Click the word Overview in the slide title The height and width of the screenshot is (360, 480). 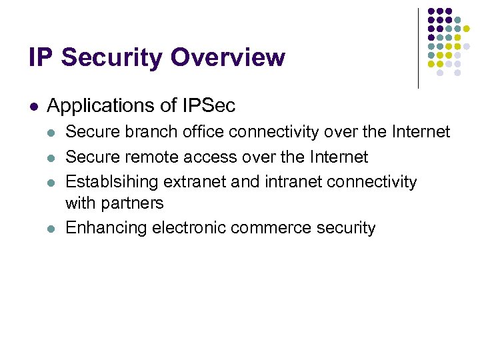click(x=227, y=58)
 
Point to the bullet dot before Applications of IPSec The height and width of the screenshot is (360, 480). click(x=33, y=106)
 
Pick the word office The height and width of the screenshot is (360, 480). click(x=201, y=133)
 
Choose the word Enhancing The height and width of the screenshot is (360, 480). click(x=106, y=228)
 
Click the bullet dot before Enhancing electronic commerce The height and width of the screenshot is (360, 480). click(x=52, y=228)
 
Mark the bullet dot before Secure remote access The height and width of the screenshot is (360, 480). click(x=52, y=157)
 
